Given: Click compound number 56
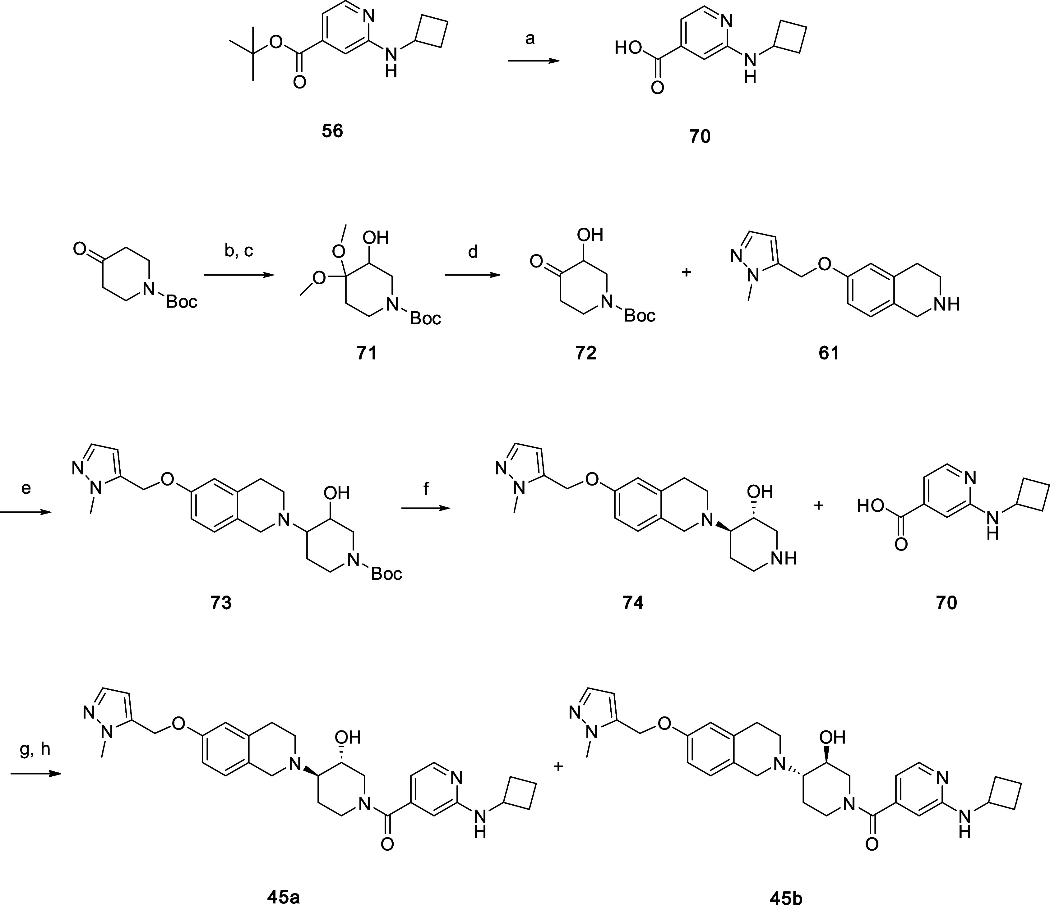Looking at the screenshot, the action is [332, 131].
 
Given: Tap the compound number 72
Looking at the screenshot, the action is [586, 353].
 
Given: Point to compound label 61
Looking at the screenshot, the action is [829, 353].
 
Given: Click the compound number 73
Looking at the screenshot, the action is [221, 603].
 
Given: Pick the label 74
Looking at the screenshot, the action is [633, 603].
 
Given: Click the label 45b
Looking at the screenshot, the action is [786, 898].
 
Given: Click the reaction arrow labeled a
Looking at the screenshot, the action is [534, 61].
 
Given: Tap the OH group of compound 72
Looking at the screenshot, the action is [590, 235].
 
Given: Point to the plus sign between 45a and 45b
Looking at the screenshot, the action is [558, 766].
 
